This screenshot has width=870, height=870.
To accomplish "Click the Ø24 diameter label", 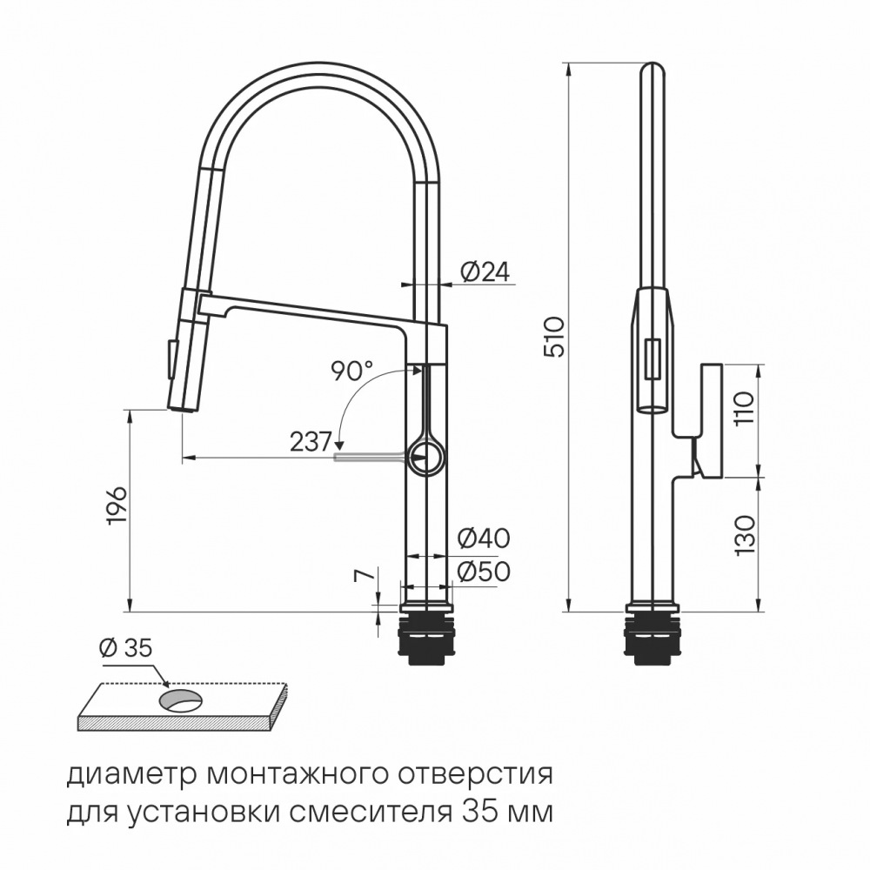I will (483, 272).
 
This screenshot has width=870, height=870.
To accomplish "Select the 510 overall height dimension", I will (554, 336).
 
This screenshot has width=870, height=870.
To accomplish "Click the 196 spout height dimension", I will (117, 505).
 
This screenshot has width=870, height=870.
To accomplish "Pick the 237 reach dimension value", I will (311, 442).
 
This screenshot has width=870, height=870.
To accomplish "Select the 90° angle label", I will (351, 371).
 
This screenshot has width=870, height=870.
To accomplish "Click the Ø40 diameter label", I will (483, 539).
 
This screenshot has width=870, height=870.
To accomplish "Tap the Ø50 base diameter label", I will (483, 572).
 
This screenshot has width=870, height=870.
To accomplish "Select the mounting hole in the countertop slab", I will (180, 699).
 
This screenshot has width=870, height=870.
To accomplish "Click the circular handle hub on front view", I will (427, 456).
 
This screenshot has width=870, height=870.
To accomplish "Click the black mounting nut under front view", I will (426, 639).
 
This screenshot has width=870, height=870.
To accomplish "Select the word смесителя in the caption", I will (378, 814).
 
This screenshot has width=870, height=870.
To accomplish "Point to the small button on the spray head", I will (171, 358).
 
